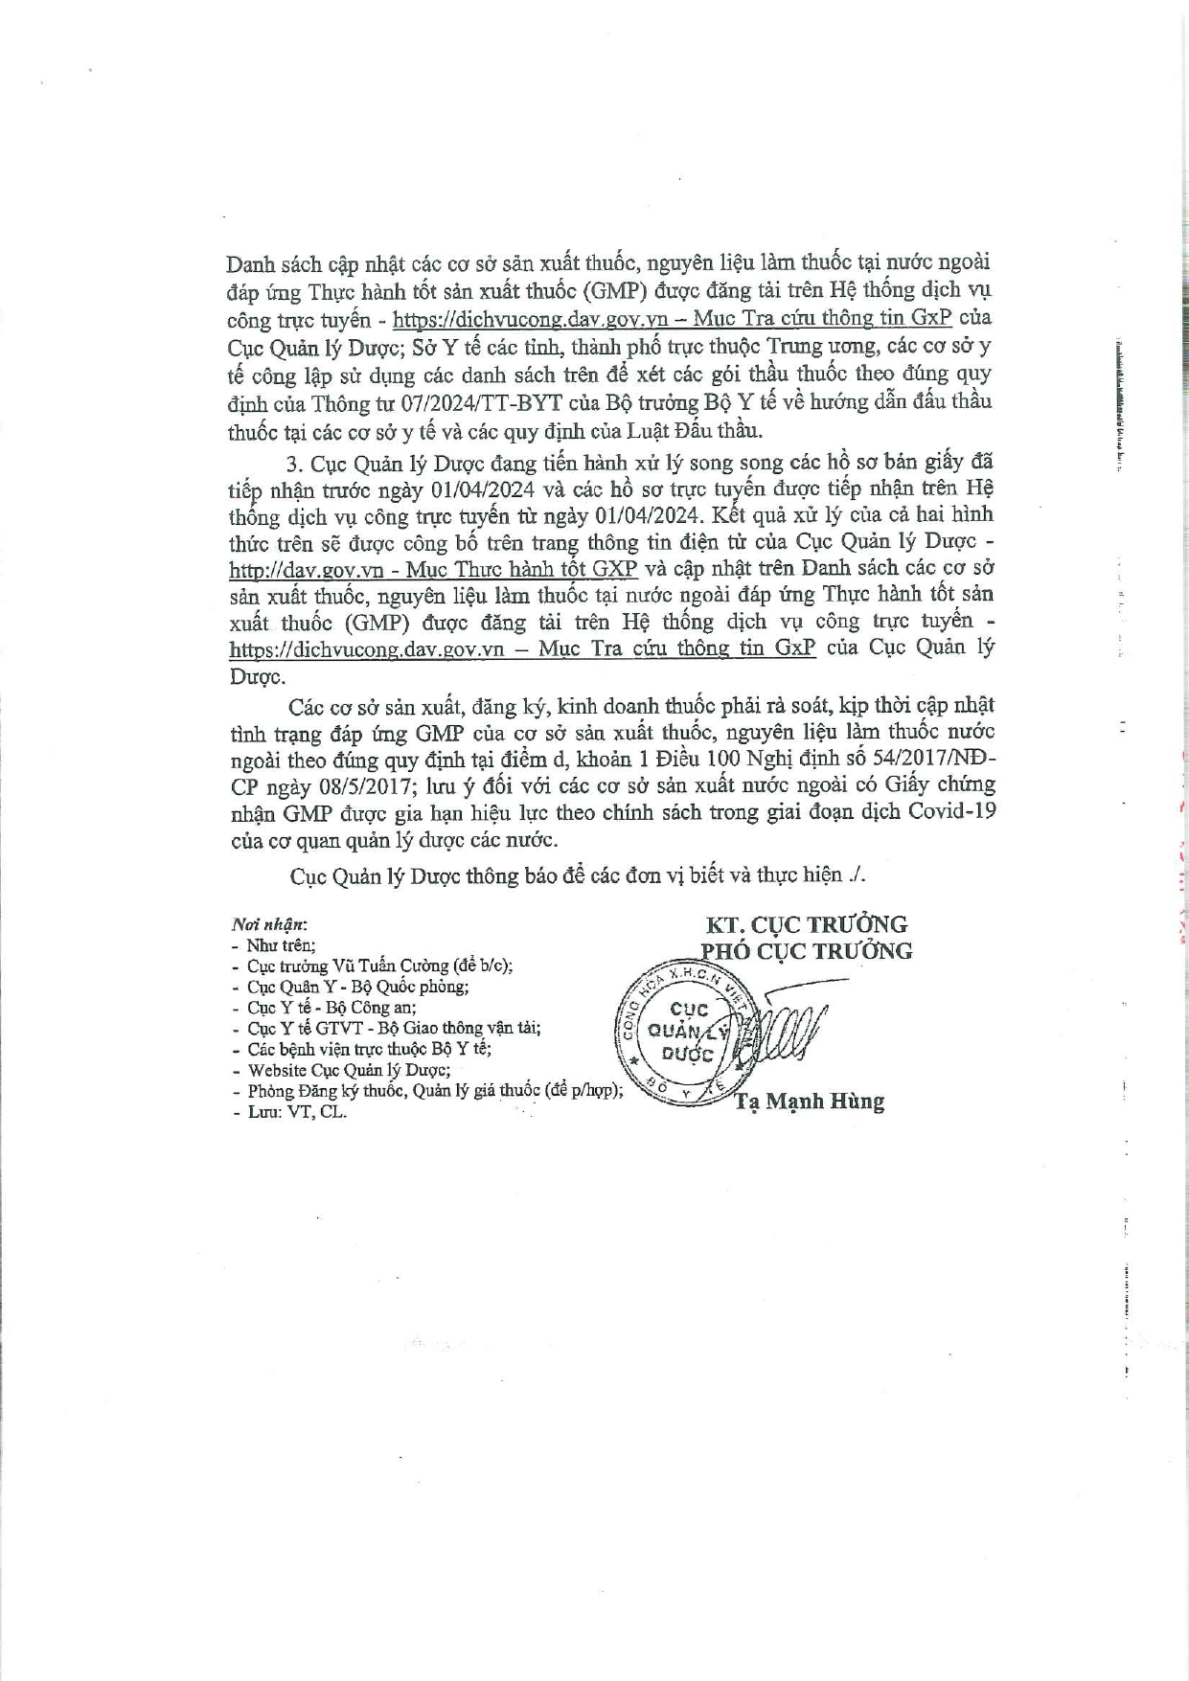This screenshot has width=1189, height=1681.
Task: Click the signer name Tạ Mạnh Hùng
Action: pos(810,1102)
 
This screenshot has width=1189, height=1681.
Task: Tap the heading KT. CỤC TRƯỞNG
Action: pos(807,925)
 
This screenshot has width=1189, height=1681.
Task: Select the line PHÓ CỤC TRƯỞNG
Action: pos(807,951)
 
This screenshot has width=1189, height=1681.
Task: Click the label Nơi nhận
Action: pos(269,925)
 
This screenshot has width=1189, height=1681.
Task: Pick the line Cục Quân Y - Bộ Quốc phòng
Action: pos(357,987)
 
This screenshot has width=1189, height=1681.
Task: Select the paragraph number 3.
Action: pos(295,465)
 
